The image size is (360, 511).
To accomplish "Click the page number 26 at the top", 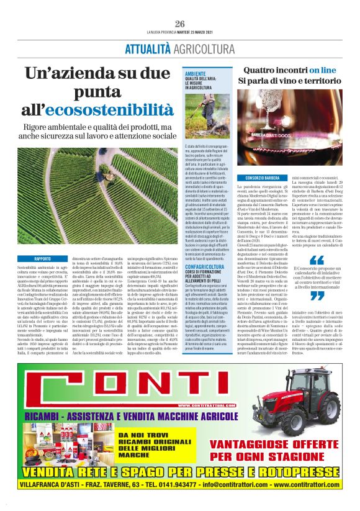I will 180,24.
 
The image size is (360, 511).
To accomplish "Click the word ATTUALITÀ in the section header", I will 147,50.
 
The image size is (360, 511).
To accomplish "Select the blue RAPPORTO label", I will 43,258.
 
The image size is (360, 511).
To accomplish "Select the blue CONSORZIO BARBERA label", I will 254,178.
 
